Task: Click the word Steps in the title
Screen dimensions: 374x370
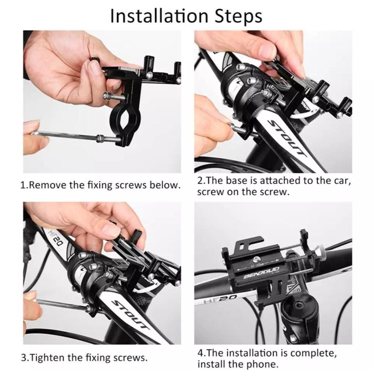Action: (x=238, y=17)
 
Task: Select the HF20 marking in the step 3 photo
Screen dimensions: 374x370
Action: (x=55, y=239)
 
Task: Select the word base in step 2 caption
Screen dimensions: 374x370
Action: (x=235, y=181)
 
